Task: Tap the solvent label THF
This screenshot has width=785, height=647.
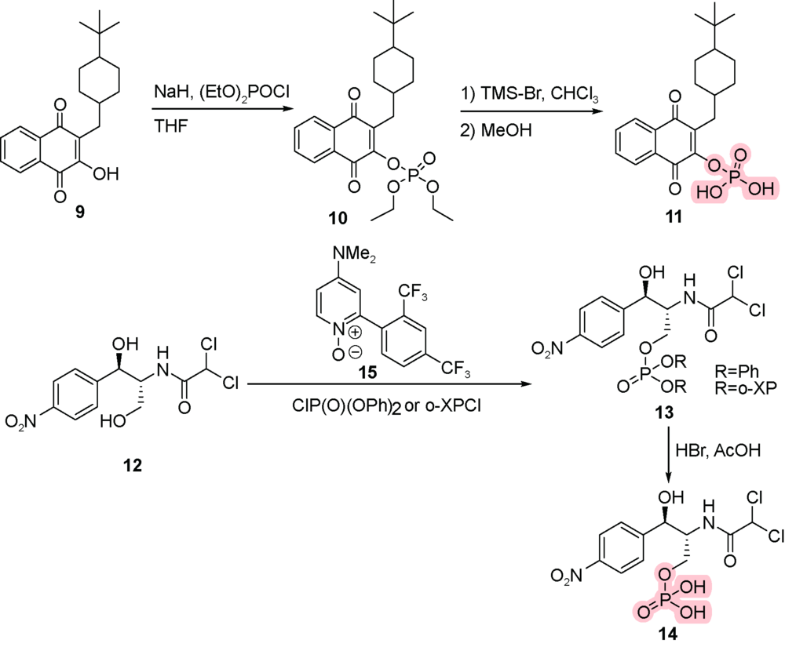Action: [x=171, y=125]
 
